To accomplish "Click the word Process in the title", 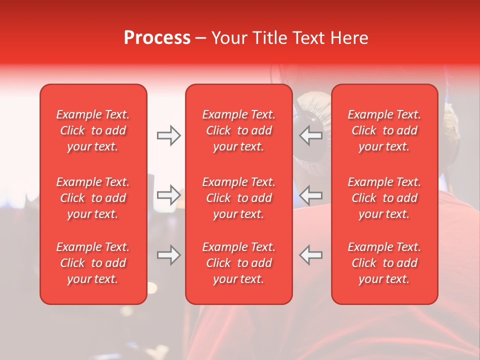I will pyautogui.click(x=157, y=38).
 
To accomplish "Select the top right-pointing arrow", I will pyautogui.click(x=169, y=135).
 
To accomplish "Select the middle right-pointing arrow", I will pyautogui.click(x=169, y=194).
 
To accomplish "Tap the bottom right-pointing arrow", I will pyautogui.click(x=169, y=255).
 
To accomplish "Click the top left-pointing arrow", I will pyautogui.click(x=311, y=135).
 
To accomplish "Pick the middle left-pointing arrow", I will pyautogui.click(x=311, y=194).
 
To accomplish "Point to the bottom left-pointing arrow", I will pyautogui.click(x=311, y=255).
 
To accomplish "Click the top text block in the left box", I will pyautogui.click(x=93, y=130).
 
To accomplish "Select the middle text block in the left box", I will pyautogui.click(x=93, y=198).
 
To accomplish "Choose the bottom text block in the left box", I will pyautogui.click(x=93, y=263).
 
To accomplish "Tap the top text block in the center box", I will pyautogui.click(x=239, y=130).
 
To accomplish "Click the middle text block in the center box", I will pyautogui.click(x=239, y=198).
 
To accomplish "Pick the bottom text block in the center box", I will pyautogui.click(x=239, y=263).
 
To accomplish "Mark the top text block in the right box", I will pyautogui.click(x=384, y=130).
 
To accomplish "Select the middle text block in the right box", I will pyautogui.click(x=384, y=198).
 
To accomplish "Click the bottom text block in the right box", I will pyautogui.click(x=384, y=263).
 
